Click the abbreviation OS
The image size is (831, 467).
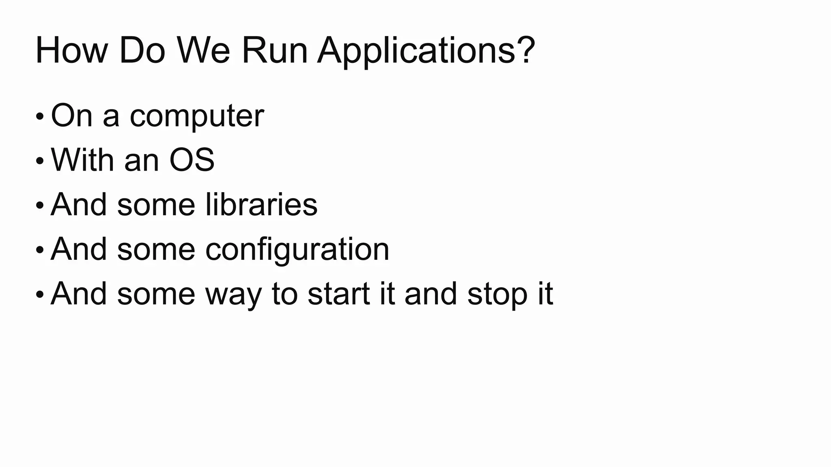tap(192, 160)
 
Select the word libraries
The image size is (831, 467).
tap(261, 204)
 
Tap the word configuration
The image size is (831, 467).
tap(297, 250)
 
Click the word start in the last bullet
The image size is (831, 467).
tap(339, 294)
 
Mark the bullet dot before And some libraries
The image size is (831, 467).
tap(39, 206)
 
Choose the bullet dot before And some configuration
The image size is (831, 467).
tap(39, 250)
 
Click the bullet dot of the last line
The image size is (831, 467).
tap(39, 294)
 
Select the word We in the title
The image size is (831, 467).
tap(203, 51)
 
